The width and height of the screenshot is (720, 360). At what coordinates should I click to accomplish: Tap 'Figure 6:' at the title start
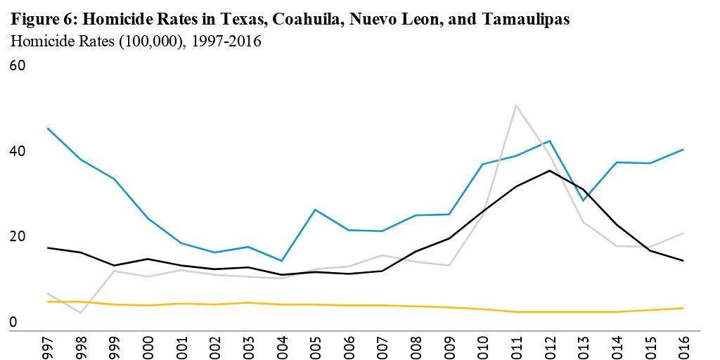41,20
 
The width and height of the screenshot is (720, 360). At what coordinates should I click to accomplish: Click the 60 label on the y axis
17,66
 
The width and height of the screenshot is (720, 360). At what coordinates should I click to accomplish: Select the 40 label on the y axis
17,152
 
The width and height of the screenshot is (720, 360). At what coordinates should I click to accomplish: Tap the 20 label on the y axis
17,237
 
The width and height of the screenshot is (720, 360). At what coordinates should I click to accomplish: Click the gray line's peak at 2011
516,105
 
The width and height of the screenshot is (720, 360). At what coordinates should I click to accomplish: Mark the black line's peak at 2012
549,170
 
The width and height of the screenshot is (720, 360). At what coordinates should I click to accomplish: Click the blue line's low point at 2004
283,261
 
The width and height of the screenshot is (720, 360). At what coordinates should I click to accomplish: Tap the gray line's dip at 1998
82,313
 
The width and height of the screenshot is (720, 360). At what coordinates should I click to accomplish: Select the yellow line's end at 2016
683,308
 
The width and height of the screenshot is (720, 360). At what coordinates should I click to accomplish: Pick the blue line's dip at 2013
583,200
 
